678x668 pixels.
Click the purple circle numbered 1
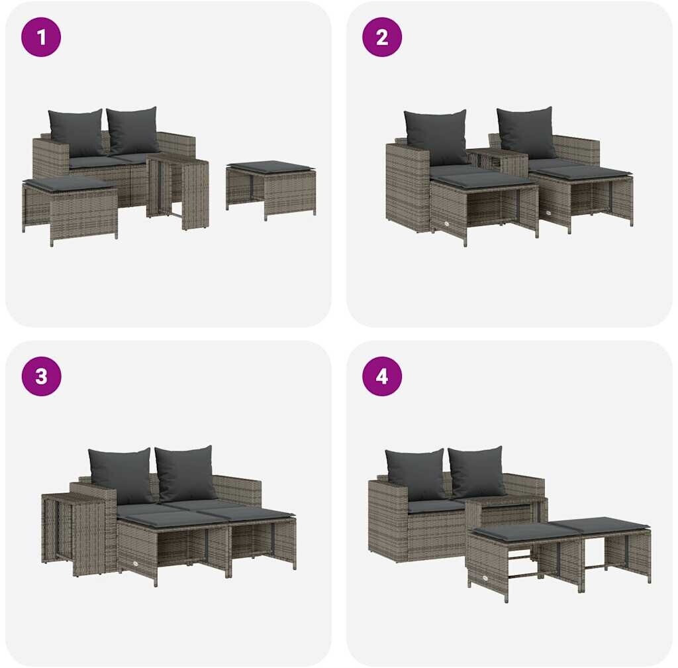[41, 36]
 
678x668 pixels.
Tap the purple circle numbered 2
[382, 36]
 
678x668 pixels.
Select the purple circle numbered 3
[41, 376]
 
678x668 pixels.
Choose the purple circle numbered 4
[382, 376]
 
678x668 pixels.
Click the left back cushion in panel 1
[77, 133]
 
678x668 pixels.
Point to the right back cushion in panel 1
[132, 130]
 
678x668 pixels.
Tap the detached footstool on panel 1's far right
[271, 189]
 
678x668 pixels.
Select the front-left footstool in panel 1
[70, 210]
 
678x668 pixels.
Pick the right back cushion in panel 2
[526, 133]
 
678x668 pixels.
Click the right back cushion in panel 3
[185, 473]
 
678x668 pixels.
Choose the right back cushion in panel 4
[476, 472]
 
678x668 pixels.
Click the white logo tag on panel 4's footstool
[487, 580]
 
